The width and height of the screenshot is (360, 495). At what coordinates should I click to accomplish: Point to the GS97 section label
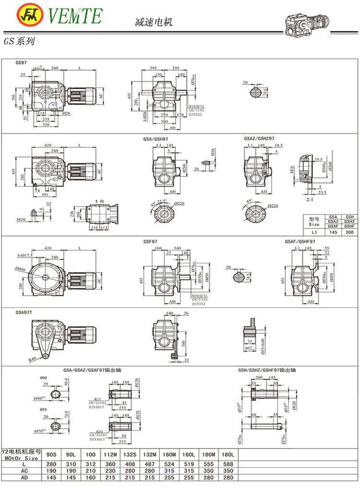coord(22,63)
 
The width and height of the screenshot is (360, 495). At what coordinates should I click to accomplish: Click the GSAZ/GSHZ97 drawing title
coord(259,138)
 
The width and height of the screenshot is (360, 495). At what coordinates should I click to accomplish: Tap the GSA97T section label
coord(24,312)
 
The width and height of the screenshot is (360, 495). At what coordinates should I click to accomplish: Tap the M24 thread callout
coord(97,399)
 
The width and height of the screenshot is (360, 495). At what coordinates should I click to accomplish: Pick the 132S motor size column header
coord(128,454)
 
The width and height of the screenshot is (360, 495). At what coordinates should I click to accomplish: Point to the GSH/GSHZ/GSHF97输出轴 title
coord(266,371)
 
